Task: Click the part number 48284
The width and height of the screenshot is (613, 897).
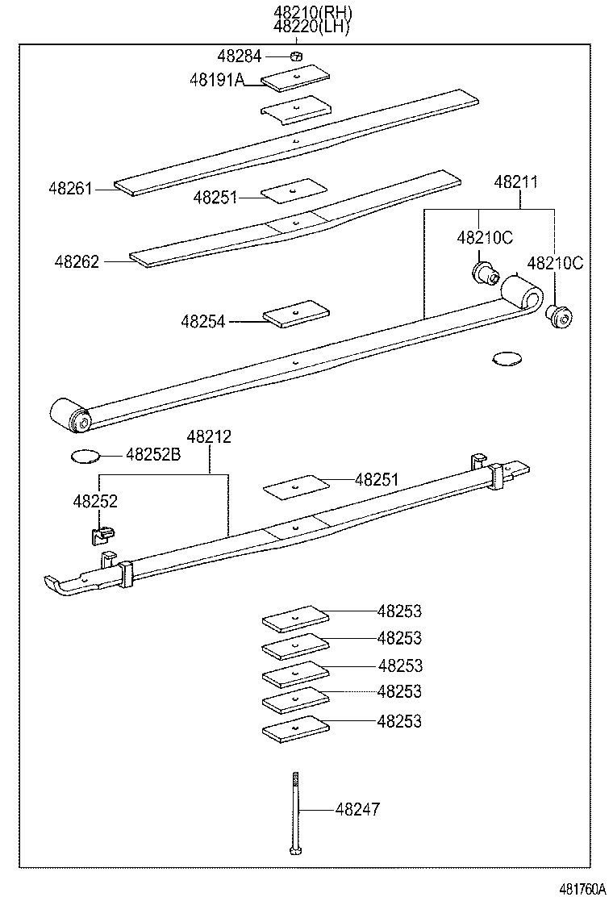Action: coord(240,56)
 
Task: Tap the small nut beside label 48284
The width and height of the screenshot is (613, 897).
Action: coord(296,56)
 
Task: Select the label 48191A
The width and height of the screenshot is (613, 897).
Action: coord(216,80)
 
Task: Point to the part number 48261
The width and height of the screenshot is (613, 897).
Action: coord(70,189)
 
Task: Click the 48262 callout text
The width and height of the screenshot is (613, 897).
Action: coord(77,261)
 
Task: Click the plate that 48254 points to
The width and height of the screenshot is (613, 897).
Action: coord(297,314)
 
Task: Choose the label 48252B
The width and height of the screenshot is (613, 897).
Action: coord(153,455)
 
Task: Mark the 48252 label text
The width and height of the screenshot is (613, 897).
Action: coord(95,501)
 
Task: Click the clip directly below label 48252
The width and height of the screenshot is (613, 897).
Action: coord(102,532)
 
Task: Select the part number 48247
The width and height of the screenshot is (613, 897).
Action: coord(357,809)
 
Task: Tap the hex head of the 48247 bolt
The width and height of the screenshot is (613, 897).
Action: coord(293,850)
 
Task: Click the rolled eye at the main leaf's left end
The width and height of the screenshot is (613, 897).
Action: coord(69,414)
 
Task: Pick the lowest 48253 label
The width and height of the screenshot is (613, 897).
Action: coord(399,721)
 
